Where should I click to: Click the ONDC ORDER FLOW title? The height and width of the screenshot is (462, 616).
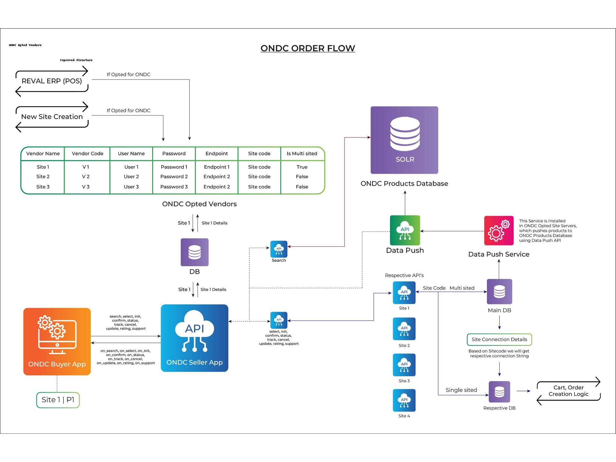tap(308, 48)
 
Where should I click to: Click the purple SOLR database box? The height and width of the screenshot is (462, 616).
tap(404, 140)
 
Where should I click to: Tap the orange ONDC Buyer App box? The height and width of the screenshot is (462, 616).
tap(57, 341)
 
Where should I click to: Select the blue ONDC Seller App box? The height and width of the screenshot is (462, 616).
tap(195, 338)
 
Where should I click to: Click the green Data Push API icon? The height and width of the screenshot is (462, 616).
tap(405, 230)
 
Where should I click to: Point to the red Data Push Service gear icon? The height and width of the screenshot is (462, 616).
tap(499, 231)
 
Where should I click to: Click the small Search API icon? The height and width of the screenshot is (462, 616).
tap(279, 249)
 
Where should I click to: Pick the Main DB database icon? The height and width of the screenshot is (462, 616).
tap(499, 291)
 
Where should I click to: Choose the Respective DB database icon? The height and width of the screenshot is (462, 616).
tap(499, 392)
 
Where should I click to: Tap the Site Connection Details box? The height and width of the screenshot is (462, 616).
tap(499, 340)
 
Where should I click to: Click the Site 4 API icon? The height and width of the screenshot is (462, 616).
tap(404, 400)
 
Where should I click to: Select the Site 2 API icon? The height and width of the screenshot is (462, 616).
tap(404, 329)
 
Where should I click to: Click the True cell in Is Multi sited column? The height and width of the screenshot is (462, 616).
tap(302, 167)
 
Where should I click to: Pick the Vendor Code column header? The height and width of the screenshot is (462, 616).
tap(88, 154)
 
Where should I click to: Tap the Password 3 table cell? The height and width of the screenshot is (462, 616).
tap(174, 187)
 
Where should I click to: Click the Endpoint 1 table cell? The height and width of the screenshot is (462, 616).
tap(217, 167)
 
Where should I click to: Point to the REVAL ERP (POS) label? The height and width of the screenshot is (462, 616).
tap(52, 81)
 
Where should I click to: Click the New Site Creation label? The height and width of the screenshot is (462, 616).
tap(52, 117)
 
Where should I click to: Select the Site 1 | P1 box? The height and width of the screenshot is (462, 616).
tap(58, 400)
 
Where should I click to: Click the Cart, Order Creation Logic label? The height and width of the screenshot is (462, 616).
tap(568, 391)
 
